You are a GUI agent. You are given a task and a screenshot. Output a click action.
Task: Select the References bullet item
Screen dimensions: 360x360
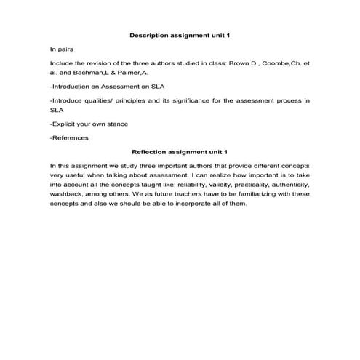point(69,138)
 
